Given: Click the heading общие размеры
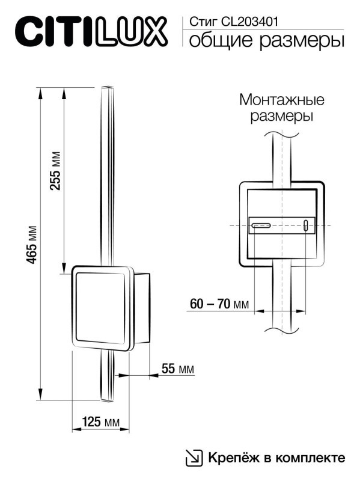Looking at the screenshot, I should pos(266,41).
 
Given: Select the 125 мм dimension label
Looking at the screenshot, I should pos(100,421).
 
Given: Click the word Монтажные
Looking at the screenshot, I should pos(281,99).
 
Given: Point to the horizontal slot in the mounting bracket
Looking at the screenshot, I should pos(261,226).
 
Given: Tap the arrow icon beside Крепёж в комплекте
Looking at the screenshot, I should pos(194,458).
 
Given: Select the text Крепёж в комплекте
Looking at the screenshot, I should pos(276,458).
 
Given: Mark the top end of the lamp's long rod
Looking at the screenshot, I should pos(106,89).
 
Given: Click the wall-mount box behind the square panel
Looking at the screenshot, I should pos(141,308).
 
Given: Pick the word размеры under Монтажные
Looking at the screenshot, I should pos(281,116).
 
